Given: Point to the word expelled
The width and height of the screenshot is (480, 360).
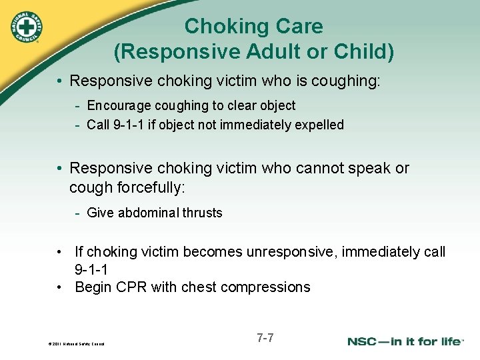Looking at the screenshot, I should (319, 125).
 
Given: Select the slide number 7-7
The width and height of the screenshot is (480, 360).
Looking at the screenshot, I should (265, 338).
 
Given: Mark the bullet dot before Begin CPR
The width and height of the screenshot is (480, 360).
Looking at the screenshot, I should (59, 287).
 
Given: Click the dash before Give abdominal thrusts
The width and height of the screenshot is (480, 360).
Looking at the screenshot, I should (78, 213).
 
